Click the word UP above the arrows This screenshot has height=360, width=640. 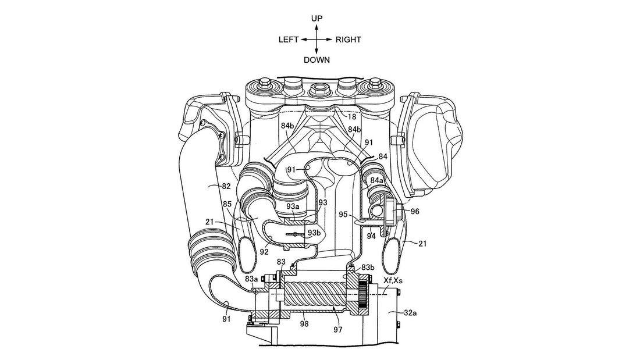point(317,19)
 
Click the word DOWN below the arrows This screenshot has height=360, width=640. point(317,60)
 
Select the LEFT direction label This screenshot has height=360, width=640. point(289,40)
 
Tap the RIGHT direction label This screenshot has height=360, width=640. point(348,40)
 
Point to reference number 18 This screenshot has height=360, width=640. point(351,117)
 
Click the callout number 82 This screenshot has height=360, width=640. point(226,186)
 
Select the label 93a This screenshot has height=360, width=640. point(293,206)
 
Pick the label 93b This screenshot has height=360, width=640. point(314,233)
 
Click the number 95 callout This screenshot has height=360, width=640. point(343,214)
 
